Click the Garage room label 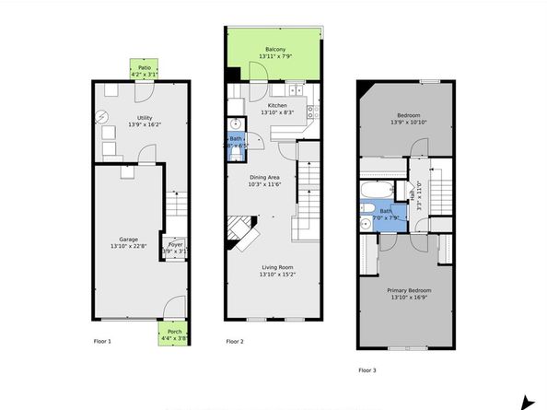click(x=127, y=240)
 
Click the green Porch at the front click(x=174, y=334)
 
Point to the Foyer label click(x=175, y=245)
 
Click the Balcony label click(x=275, y=49)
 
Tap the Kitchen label click(x=277, y=106)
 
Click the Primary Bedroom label click(x=412, y=290)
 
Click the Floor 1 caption click(x=102, y=342)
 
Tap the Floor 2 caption click(x=235, y=342)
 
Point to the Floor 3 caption click(x=367, y=370)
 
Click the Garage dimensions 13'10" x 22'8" click(x=127, y=246)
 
